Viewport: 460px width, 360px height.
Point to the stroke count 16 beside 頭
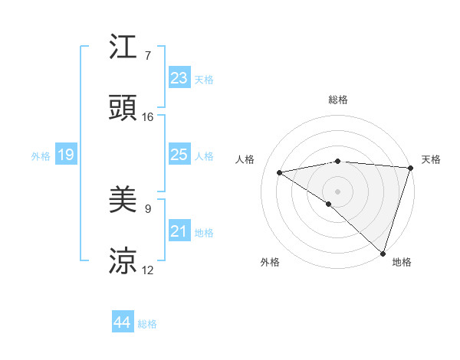coord(148,117)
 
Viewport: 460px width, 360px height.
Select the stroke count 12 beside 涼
coord(148,270)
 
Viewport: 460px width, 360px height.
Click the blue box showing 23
coord(179,78)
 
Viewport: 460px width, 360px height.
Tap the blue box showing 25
coord(179,155)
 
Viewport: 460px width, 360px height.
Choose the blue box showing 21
coord(179,231)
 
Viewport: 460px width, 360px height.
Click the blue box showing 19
coord(65,155)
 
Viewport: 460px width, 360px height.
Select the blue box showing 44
coord(122,322)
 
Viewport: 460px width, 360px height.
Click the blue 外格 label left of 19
coord(41,156)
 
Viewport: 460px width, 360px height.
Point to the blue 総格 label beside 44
coord(147,324)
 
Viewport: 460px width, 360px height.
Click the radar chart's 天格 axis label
coord(431,159)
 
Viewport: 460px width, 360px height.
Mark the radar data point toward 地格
coord(383,254)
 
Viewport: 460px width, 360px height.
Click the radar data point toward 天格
coord(411,167)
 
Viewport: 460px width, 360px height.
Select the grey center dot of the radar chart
coord(337,191)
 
